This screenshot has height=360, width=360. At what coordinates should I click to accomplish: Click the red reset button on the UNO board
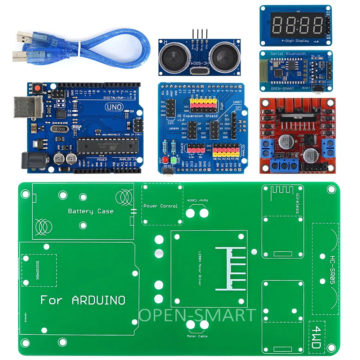[x=36, y=87]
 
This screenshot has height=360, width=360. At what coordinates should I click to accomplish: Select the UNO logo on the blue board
[x=114, y=107]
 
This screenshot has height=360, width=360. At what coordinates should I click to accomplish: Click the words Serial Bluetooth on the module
[x=288, y=54]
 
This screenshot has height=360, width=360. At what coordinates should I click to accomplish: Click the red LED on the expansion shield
[x=166, y=159]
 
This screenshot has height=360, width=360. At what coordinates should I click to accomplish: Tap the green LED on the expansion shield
[x=174, y=159]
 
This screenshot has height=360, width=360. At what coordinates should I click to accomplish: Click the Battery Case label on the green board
[x=91, y=211]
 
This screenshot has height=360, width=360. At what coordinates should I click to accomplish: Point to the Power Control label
[x=161, y=206]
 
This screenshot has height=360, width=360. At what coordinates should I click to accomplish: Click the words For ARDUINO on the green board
[x=83, y=300]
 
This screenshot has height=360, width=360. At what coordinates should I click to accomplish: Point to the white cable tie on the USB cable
[x=78, y=47]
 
